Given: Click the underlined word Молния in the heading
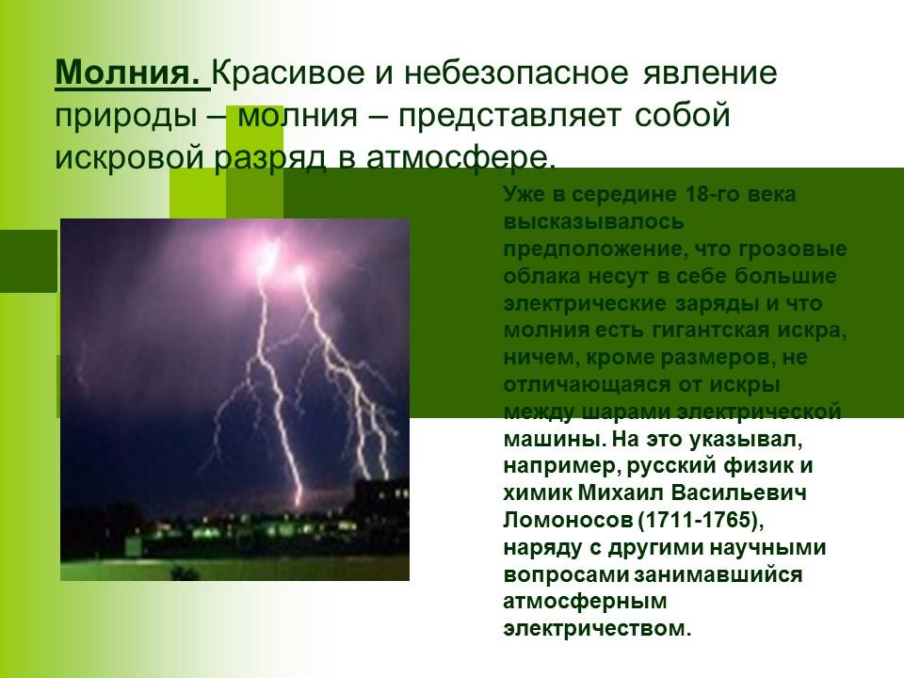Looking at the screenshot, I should click(x=129, y=73).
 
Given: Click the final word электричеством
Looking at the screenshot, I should click(x=597, y=628).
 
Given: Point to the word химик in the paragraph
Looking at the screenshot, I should click(x=534, y=492).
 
